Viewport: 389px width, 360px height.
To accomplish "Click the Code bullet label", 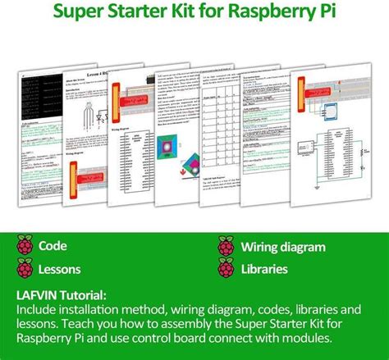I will click(x=54, y=246).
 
